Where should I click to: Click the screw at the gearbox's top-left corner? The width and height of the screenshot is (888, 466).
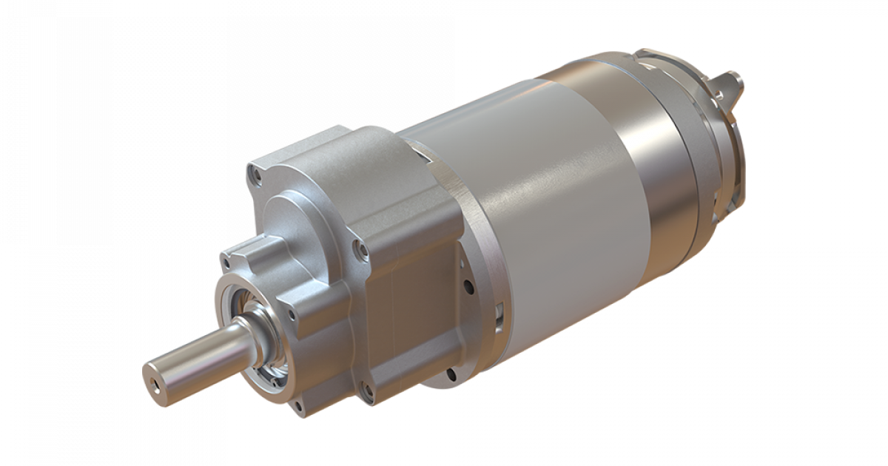pyautogui.click(x=257, y=177)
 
